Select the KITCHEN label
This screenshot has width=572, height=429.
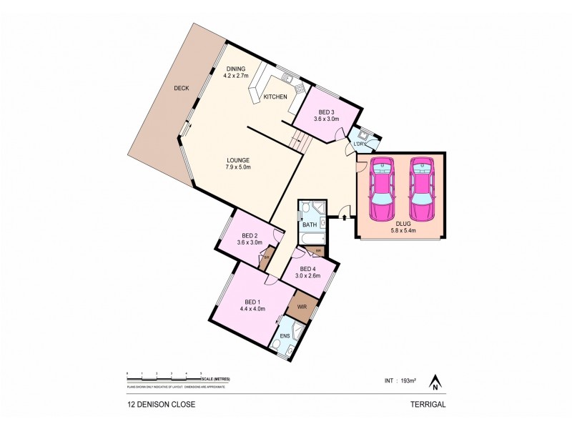275,97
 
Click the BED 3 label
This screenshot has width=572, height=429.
327,113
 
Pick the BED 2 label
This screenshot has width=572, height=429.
250,237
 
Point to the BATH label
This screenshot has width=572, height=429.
310,225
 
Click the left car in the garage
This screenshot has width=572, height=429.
382,189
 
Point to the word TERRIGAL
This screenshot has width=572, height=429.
428,404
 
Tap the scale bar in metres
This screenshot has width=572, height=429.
164,375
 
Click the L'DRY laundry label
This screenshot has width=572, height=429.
360,145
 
